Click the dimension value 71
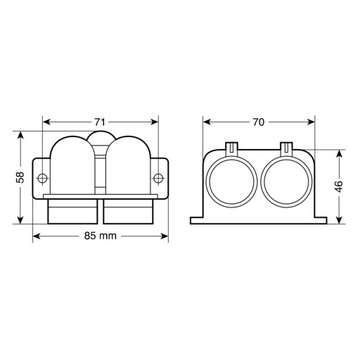pyautogui.click(x=100, y=122)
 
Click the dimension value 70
pyautogui.click(x=258, y=122)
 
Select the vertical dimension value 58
pyautogui.click(x=20, y=177)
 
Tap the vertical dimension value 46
pyautogui.click(x=339, y=186)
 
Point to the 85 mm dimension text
pyautogui.click(x=101, y=236)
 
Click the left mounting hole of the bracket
pyautogui.click(x=42, y=178)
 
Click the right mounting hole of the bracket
pyautogui.click(x=158, y=178)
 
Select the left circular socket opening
pyautogui.click(x=231, y=183)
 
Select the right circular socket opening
pyautogui.click(x=287, y=183)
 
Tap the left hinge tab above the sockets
pyautogui.click(x=231, y=148)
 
